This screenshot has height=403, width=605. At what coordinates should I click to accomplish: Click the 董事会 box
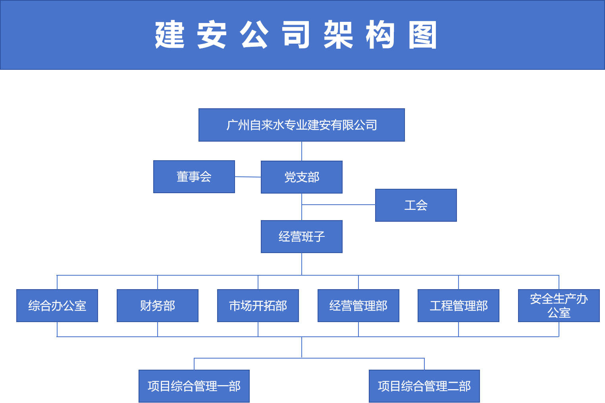(x=194, y=177)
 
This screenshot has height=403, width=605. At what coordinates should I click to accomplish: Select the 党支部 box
(x=301, y=177)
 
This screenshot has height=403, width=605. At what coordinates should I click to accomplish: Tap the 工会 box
(x=416, y=205)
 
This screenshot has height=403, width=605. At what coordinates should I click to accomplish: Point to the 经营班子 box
(x=301, y=236)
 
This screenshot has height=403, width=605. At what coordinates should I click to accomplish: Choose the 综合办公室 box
(x=57, y=305)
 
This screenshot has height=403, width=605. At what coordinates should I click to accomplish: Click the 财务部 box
(x=158, y=305)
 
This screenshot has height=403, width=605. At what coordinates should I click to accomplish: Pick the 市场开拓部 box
(x=258, y=305)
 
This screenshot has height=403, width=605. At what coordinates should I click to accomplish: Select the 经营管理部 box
(x=358, y=305)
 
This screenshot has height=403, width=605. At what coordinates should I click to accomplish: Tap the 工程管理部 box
(x=459, y=305)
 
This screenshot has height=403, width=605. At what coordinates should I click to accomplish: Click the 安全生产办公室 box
(x=559, y=305)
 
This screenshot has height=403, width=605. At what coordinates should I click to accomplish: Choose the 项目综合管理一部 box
(x=194, y=386)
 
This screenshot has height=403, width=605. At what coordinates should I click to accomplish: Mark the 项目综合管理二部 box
(x=424, y=386)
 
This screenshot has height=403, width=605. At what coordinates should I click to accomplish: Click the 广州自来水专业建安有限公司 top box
(x=301, y=125)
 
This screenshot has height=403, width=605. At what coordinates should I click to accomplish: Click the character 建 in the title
(x=170, y=35)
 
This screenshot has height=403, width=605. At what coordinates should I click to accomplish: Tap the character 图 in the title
(x=423, y=35)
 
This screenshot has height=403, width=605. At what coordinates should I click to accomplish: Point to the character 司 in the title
(x=296, y=35)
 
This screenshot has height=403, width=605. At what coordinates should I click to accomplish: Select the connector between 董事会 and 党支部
(x=248, y=177)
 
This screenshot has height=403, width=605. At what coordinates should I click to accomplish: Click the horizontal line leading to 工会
(x=338, y=205)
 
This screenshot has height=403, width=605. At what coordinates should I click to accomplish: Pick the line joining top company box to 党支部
(x=302, y=151)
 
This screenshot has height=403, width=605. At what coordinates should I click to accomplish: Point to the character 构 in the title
(x=380, y=35)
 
